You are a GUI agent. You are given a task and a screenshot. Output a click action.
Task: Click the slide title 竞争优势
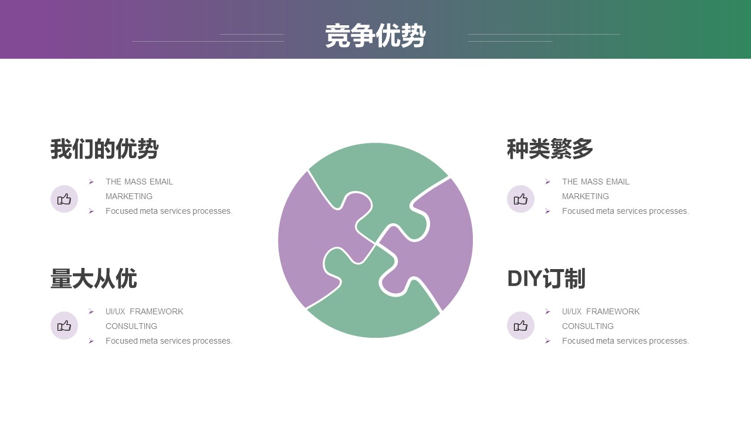(x=375, y=36)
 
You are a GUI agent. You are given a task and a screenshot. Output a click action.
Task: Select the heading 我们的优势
(x=104, y=149)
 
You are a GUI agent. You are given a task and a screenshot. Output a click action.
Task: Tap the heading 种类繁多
(x=550, y=149)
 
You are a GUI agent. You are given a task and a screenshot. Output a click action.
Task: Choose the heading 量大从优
(x=93, y=278)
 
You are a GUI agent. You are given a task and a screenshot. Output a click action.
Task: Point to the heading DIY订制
(x=546, y=278)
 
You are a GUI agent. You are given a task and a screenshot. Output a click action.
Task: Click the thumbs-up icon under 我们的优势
(x=64, y=199)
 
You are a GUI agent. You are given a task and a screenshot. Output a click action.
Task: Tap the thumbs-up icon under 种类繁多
(x=520, y=199)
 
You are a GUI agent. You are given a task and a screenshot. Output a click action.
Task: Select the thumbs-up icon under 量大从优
(x=64, y=325)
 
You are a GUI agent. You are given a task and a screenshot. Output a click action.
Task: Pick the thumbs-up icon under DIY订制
(x=520, y=325)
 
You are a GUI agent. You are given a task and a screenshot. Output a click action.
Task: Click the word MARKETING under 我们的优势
(x=129, y=196)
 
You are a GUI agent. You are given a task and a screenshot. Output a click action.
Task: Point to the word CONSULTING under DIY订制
(x=588, y=326)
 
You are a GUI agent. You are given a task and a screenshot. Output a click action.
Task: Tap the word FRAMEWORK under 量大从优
(x=156, y=311)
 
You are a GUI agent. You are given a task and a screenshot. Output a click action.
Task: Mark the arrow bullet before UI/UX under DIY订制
(x=547, y=312)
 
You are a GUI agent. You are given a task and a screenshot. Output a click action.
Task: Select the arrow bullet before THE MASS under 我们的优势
(x=91, y=182)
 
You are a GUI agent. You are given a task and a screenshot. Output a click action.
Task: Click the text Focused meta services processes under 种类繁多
(x=625, y=211)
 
